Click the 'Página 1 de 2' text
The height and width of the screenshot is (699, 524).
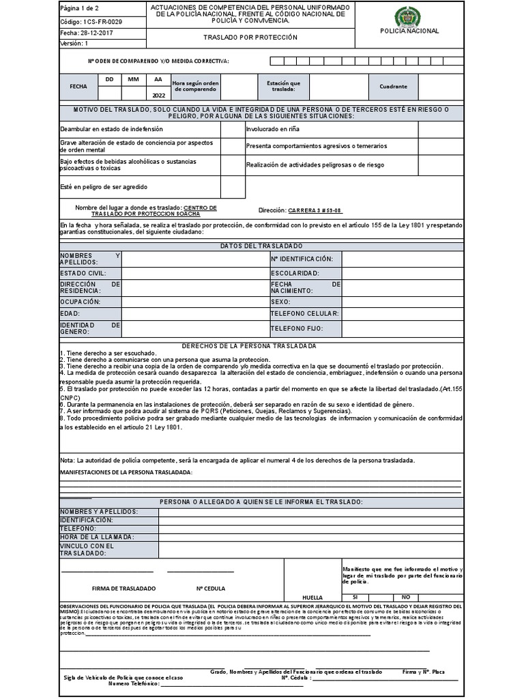point(80,9)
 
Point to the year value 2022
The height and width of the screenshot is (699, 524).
point(158,96)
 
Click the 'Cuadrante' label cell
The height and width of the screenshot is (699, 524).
point(394,87)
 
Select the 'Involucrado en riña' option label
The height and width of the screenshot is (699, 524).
point(273,128)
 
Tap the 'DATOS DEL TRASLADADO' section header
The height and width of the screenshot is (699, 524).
point(261,246)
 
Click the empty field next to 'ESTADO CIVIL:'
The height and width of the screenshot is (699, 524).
point(195,273)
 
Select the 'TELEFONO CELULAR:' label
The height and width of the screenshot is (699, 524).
point(304,313)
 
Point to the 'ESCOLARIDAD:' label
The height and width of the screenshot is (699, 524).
point(295,273)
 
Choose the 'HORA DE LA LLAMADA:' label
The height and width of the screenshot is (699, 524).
point(97,537)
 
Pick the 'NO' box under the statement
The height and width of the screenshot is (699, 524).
point(405,596)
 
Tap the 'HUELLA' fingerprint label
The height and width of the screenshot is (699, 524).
point(312,597)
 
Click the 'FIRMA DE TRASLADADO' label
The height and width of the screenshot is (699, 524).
point(123,588)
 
